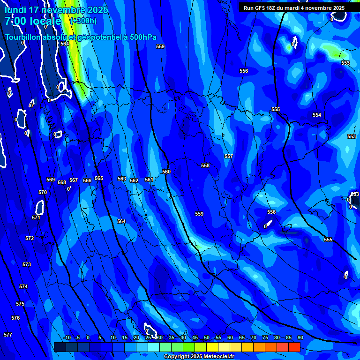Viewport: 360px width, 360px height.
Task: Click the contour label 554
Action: (317, 115)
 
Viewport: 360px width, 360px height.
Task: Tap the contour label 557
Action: (228, 156)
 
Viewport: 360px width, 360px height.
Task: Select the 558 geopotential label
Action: (205, 165)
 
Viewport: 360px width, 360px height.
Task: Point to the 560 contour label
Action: (166, 172)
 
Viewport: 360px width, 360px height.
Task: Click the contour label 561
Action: (149, 180)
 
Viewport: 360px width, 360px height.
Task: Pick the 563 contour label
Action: (122, 179)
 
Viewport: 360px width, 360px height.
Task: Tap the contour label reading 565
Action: (98, 178)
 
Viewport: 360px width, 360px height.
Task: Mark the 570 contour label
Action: (43, 192)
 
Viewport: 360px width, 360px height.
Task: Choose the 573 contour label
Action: (27, 264)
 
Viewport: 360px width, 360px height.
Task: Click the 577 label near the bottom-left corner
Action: (7, 335)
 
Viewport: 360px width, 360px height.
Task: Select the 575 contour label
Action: (20, 304)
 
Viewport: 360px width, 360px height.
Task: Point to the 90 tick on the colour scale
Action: (300, 337)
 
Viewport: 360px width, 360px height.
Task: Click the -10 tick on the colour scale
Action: (67, 337)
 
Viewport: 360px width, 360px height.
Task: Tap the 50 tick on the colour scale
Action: (207, 337)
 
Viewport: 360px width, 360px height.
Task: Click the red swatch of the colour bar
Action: (294, 347)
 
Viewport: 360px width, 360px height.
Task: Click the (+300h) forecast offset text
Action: (83, 21)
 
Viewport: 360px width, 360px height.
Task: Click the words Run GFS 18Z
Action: (262, 8)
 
